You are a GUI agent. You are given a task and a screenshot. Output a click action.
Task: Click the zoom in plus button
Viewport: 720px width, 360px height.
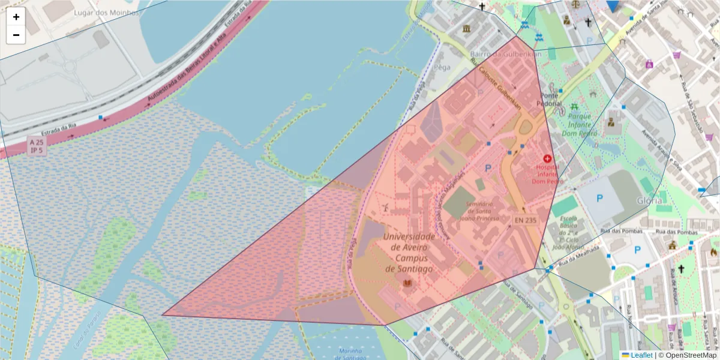coord(16,17)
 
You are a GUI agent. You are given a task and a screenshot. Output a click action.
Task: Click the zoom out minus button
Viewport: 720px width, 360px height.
coord(16,35)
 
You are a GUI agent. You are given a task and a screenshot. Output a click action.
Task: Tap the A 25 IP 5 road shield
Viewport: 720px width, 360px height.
coord(36,146)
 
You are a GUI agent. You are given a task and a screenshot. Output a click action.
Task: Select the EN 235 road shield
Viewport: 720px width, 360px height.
coord(525,220)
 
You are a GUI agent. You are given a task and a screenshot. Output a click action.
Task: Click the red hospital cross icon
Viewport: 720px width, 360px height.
coord(547,158)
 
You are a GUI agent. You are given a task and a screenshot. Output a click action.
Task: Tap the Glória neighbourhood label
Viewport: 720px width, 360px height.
coord(650,200)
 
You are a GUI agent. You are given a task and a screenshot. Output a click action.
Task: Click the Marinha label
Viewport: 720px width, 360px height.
coord(350,351)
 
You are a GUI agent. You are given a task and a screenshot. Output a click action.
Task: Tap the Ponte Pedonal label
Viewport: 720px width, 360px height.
coord(550,100)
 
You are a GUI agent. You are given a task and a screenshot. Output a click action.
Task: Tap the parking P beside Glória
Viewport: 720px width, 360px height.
coord(599,197)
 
